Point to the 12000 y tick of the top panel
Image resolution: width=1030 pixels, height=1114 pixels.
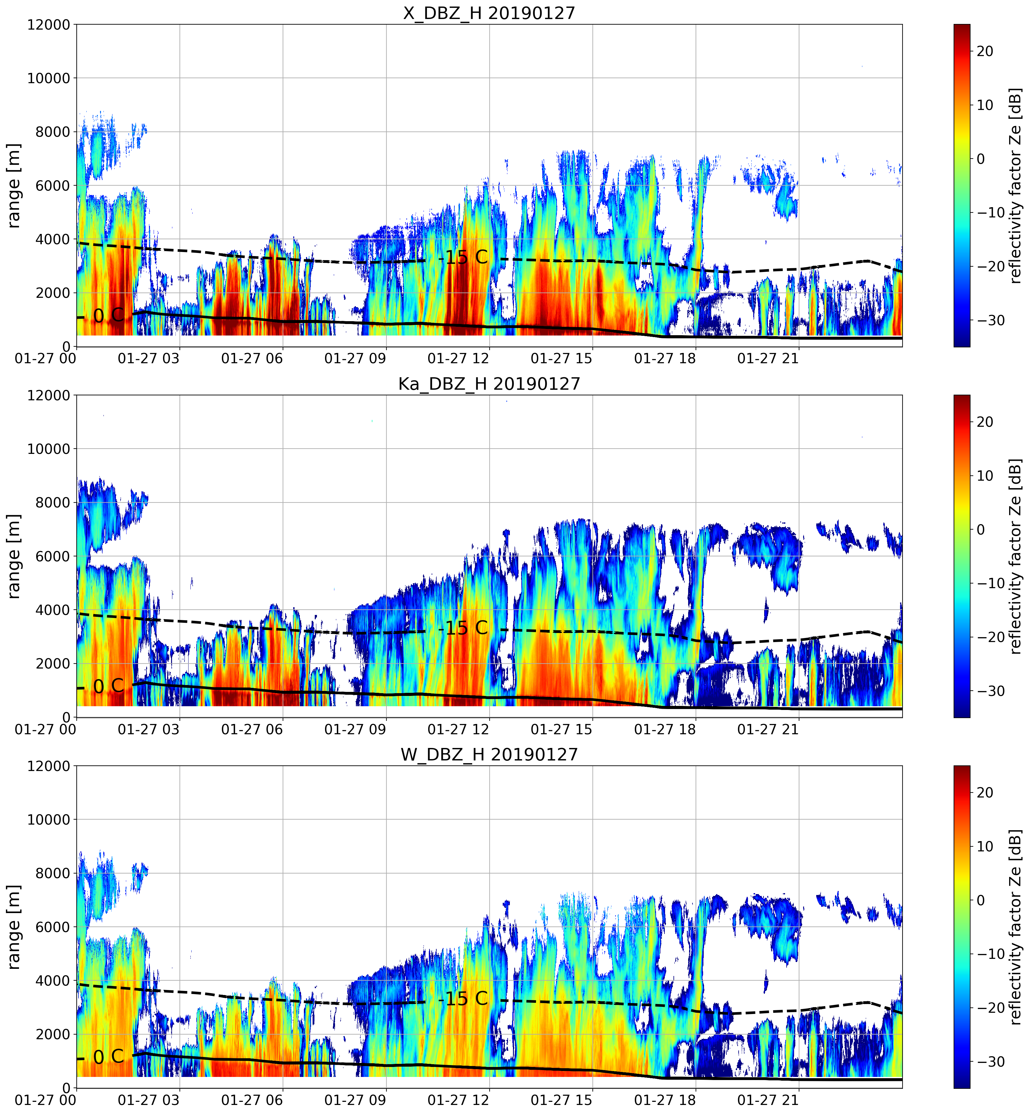coord(49,25)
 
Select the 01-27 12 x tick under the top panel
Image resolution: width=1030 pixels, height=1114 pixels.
coord(458,359)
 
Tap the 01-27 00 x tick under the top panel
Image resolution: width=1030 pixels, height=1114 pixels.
coord(46,359)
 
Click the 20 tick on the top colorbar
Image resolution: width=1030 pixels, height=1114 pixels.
coord(985,51)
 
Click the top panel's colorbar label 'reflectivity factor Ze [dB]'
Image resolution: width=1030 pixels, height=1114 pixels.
coord(1016,185)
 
